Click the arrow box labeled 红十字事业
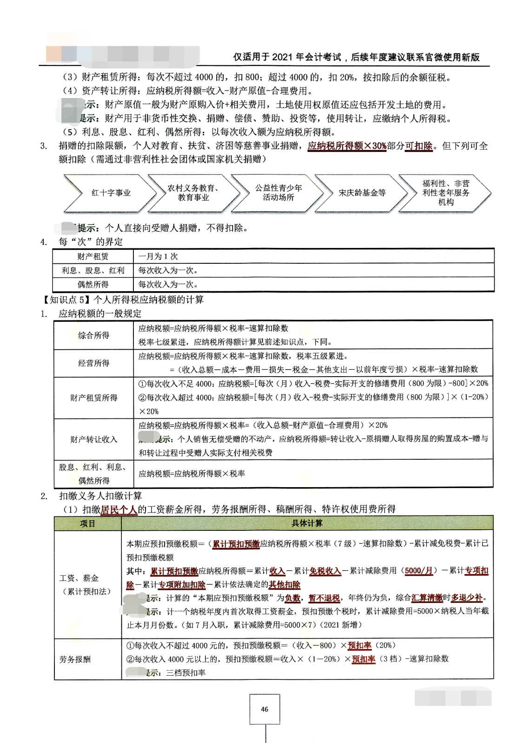[x=111, y=193]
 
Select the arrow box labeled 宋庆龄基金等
[x=362, y=193]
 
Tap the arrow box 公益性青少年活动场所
[x=278, y=193]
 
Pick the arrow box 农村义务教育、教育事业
[x=193, y=193]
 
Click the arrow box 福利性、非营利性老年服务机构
[x=445, y=193]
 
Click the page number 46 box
[x=265, y=709]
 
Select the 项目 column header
[x=87, y=523]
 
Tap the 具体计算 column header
[x=307, y=523]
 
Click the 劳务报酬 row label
[x=75, y=659]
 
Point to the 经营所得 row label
[x=93, y=363]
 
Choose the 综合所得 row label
[x=93, y=335]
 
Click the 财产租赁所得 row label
[x=93, y=398]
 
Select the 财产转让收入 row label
[x=93, y=439]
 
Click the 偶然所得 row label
[x=93, y=284]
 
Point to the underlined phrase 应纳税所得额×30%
[x=347, y=146]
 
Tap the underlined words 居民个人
[x=119, y=509]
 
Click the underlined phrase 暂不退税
[x=324, y=598]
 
